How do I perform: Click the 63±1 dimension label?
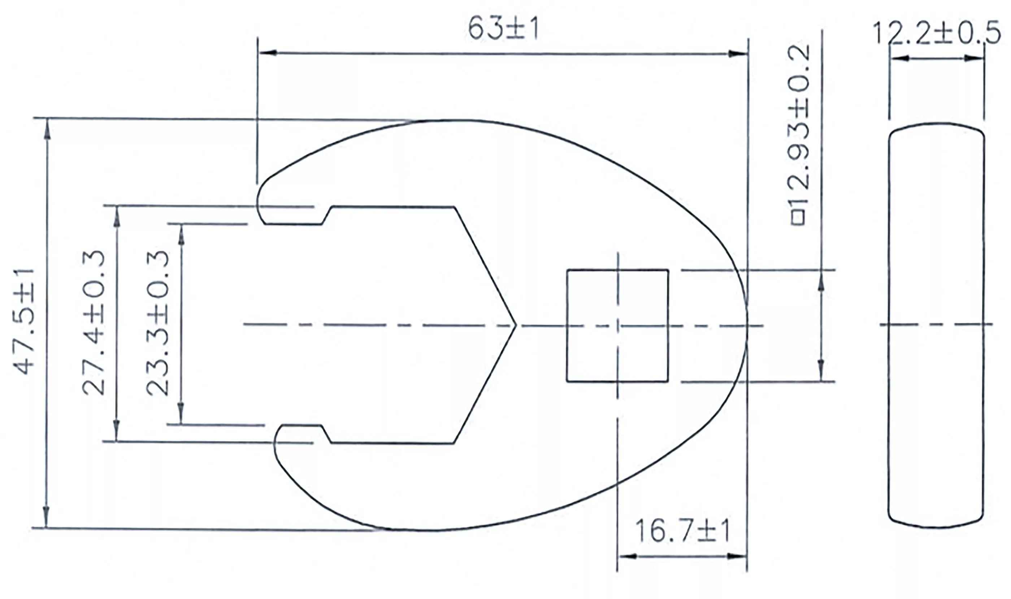(x=503, y=29)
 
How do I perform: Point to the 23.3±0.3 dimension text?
(x=157, y=323)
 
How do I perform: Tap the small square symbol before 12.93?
(x=799, y=218)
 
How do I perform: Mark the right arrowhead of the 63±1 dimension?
(x=738, y=54)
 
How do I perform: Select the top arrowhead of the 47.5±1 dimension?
(x=47, y=127)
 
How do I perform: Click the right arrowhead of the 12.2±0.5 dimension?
(x=976, y=58)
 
